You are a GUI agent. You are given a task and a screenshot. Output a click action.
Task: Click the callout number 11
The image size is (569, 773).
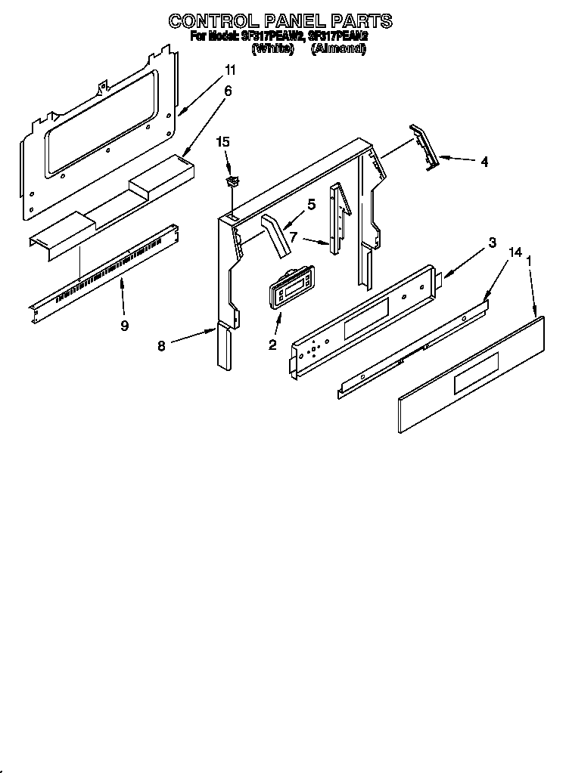click(230, 70)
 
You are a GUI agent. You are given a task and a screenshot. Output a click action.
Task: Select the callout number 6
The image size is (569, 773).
click(228, 91)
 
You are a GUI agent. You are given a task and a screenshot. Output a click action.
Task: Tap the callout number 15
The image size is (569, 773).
click(222, 141)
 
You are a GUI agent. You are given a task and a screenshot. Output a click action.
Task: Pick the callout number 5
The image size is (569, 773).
click(311, 203)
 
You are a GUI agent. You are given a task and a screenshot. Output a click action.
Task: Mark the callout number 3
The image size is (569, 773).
click(493, 243)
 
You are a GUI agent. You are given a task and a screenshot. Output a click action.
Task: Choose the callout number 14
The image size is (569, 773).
click(515, 252)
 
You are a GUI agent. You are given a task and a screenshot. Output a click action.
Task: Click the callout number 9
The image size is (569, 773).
click(124, 326)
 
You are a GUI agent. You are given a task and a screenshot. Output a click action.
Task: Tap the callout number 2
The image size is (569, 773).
click(272, 345)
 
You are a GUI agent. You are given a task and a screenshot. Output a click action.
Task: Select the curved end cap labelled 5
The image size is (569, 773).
click(278, 236)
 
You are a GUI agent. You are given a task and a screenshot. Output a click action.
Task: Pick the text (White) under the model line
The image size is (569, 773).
click(272, 48)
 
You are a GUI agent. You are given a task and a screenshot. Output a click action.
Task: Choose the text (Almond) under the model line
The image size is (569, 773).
click(338, 48)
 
